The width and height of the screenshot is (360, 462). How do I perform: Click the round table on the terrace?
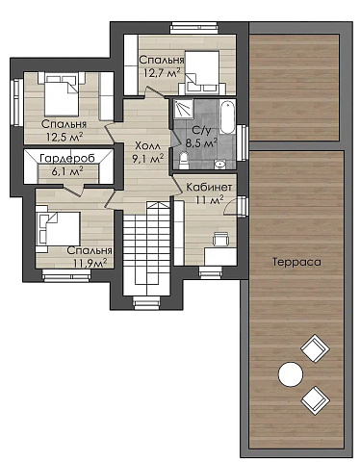pyautogui.click(x=291, y=374)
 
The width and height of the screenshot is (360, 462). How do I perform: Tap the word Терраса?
pyautogui.click(x=296, y=262)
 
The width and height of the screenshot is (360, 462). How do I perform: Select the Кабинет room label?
pyautogui.click(x=209, y=187)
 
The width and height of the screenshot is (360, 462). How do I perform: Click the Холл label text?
pyautogui.click(x=147, y=146)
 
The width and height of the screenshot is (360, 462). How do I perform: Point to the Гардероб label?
pyautogui.click(x=67, y=158)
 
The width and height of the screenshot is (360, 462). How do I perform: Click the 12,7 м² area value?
pyautogui.click(x=162, y=73)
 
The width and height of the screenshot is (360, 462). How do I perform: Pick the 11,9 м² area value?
pyautogui.click(x=90, y=263)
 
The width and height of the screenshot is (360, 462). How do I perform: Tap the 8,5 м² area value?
pyautogui.click(x=201, y=141)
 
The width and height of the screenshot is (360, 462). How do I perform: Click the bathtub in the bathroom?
pyautogui.click(x=227, y=117)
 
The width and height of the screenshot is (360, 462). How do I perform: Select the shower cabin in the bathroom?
pyautogui.click(x=184, y=109)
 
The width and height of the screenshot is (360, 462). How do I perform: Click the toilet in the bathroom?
pyautogui.click(x=184, y=161)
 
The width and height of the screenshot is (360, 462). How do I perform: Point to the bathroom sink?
pyautogui.click(x=219, y=164)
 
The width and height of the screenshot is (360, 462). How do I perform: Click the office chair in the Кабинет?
pyautogui.click(x=220, y=239)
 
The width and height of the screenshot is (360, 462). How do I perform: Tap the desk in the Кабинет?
pyautogui.click(x=220, y=256)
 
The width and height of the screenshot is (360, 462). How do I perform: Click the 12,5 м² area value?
pyautogui.click(x=64, y=137)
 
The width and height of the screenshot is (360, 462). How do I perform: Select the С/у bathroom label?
pyautogui.click(x=201, y=130)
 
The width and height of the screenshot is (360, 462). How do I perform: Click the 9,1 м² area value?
pyautogui.click(x=148, y=158)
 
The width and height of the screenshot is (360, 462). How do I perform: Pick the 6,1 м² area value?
pyautogui.click(x=67, y=170)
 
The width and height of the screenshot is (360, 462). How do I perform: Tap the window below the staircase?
pyautogui.click(x=146, y=302)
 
